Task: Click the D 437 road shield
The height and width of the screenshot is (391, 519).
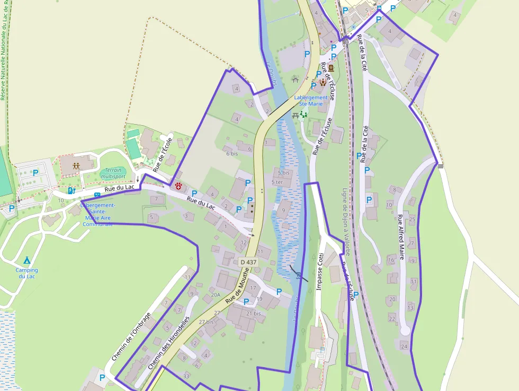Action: tap(248, 262)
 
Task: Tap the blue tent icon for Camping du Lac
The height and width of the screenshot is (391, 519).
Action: tap(26, 260)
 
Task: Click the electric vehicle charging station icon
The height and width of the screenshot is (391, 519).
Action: tap(71, 190)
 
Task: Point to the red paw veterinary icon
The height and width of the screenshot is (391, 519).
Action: tap(179, 186)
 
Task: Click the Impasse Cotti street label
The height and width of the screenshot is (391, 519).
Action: tap(319, 271)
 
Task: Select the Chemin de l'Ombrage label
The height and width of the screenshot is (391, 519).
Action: tap(131, 337)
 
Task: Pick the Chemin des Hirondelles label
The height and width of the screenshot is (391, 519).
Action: tap(169, 343)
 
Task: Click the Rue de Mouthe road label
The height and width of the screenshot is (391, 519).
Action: tap(237, 292)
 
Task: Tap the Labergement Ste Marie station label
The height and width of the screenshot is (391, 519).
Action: tap(311, 101)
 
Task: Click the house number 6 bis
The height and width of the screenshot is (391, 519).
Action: tap(231, 153)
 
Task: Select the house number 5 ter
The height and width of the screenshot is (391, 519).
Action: tap(278, 182)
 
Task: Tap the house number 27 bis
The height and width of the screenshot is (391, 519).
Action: tap(206, 322)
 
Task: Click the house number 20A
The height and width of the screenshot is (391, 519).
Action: tap(215, 295)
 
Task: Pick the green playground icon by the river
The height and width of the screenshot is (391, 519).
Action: tap(303, 114)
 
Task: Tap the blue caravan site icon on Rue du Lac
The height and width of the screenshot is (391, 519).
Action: tap(97, 195)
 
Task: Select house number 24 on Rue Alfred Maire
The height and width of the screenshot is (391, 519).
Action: tap(404, 347)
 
